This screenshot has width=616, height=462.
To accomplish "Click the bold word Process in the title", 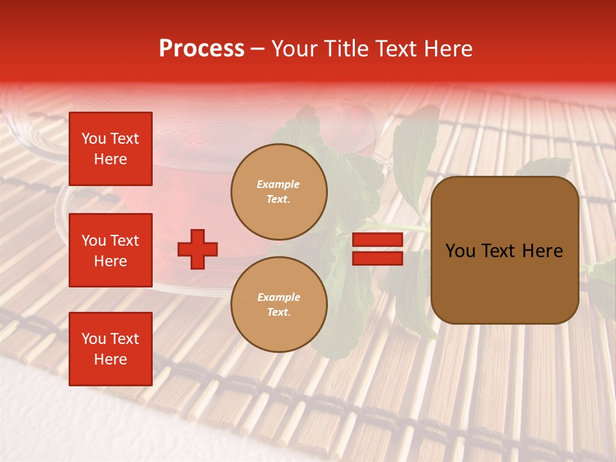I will (x=201, y=49).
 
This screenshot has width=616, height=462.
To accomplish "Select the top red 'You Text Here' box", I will (x=110, y=149).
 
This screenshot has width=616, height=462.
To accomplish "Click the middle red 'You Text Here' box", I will (x=110, y=250).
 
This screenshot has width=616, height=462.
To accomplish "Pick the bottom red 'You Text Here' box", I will (x=110, y=349).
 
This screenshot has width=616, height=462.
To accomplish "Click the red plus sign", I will (x=198, y=249).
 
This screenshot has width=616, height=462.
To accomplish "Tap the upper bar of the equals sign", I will (x=377, y=239).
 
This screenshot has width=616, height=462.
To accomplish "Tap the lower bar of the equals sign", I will (x=377, y=259).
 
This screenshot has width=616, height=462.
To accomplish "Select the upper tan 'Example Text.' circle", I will (x=278, y=192).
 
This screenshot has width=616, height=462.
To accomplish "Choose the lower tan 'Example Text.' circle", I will (x=278, y=305).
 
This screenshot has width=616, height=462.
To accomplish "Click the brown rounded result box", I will (x=504, y=250).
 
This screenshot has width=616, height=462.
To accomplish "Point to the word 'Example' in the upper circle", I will (x=278, y=184).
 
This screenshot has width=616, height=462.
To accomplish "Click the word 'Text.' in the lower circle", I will (x=278, y=312).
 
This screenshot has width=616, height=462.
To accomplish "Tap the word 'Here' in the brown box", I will (x=542, y=251).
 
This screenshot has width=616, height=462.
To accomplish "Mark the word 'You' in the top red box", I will (x=94, y=139).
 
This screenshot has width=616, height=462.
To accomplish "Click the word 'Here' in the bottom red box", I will (x=110, y=359).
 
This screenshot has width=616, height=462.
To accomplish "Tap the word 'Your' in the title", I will (x=295, y=49).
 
